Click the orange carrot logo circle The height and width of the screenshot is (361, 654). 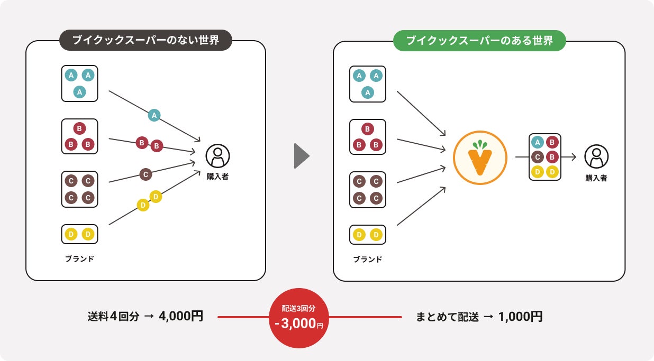coord(480,157)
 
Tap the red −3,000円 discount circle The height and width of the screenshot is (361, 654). coord(299,318)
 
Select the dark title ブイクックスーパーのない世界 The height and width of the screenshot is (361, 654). coord(146,40)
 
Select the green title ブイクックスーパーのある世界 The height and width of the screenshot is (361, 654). coord(479,40)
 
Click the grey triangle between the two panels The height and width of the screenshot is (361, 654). coord(301,156)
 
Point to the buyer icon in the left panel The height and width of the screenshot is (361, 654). coord(217,156)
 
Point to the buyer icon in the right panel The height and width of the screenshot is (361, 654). coord(596,156)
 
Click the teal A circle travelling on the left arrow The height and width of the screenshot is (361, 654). coord(154,115)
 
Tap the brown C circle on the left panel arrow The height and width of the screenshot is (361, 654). coord(147,173)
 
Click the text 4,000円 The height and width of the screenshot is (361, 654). coord(181,317)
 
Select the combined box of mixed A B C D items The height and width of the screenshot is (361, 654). coord(544,157)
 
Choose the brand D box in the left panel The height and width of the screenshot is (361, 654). coord(80,234)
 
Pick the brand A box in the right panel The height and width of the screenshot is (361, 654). coord(368,84)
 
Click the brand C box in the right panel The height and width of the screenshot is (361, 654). coord(368,190)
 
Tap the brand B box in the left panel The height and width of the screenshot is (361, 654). coord(80,136)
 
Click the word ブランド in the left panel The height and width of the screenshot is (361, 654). coord(79,259)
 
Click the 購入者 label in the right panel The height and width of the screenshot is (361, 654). coord(596,178)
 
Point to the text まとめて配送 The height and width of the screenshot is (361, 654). coord(447,317)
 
